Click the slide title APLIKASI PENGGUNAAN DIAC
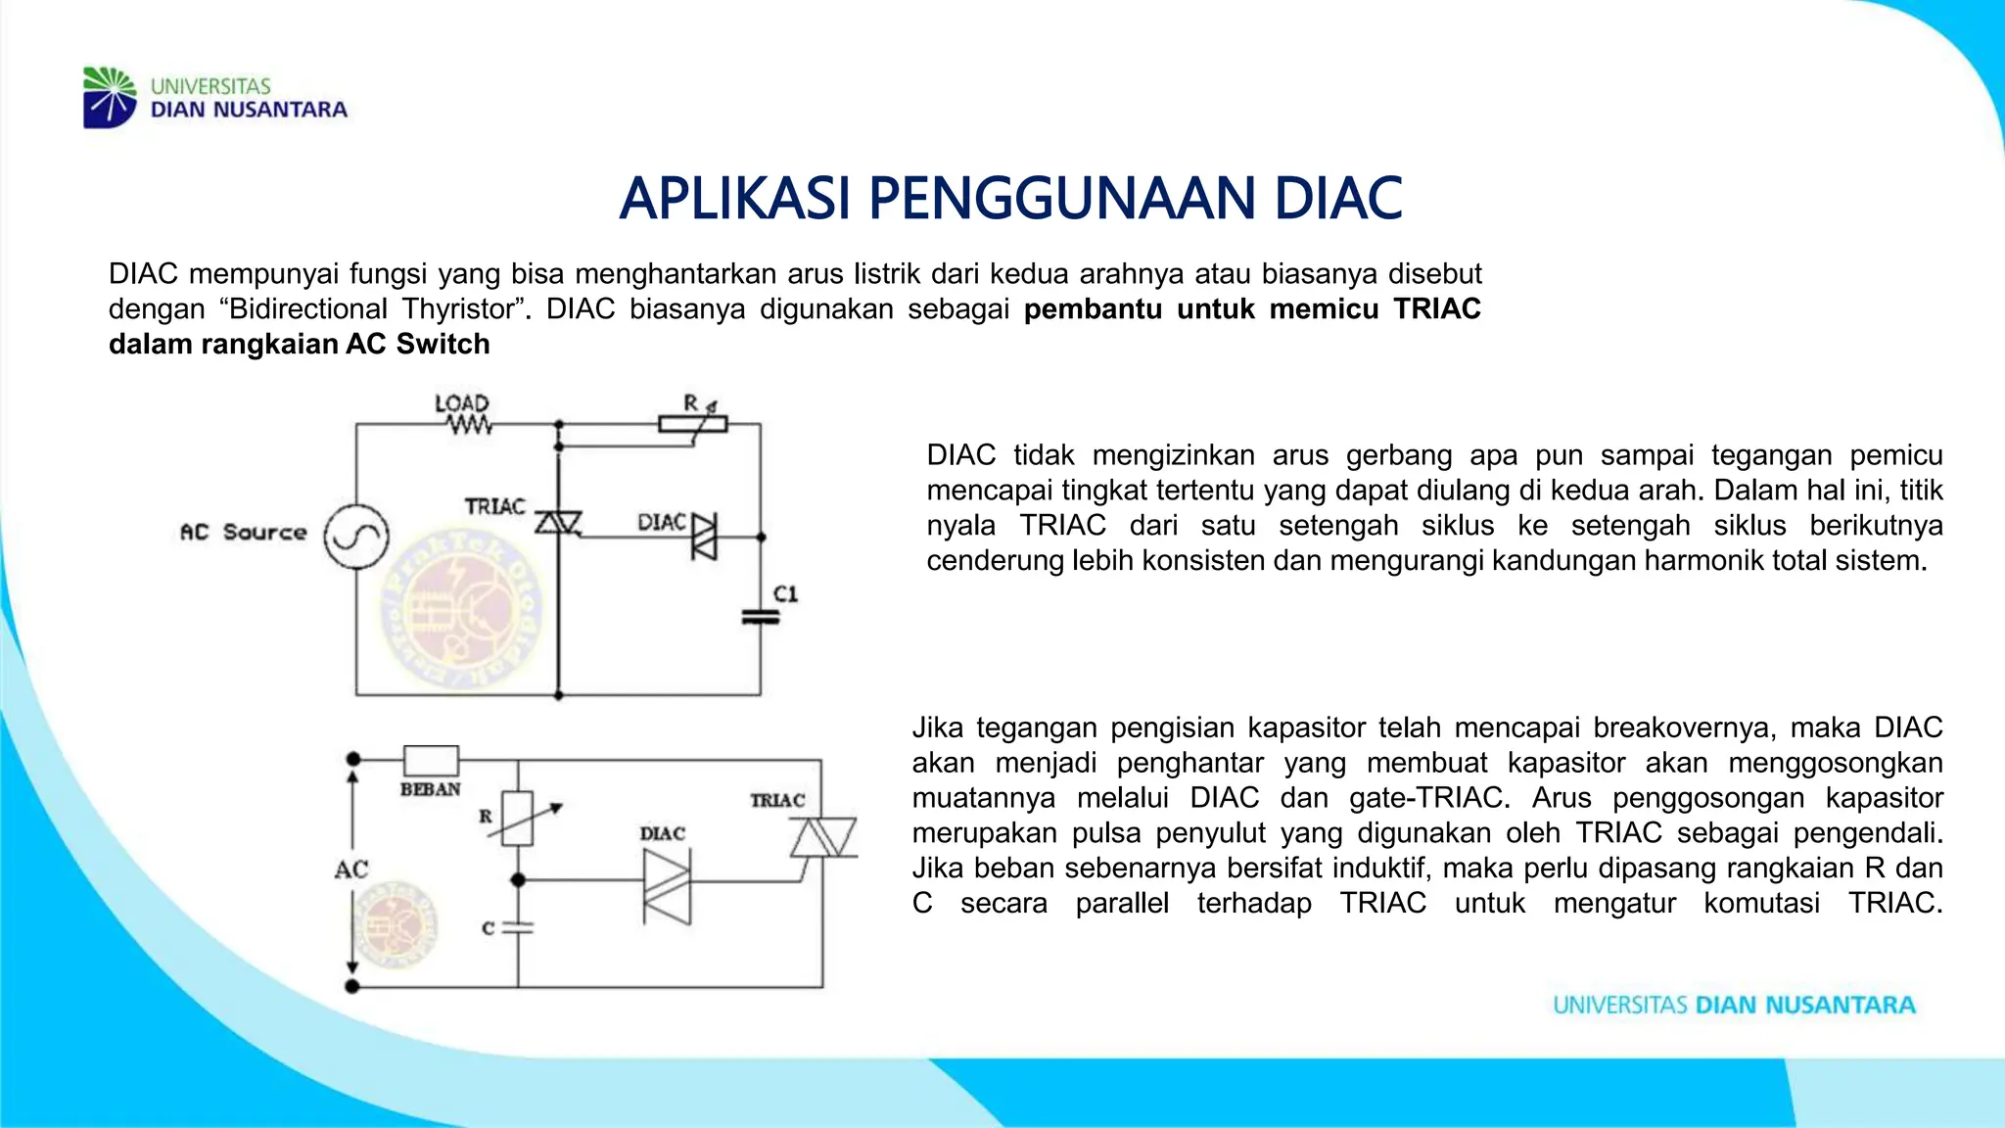point(1010,198)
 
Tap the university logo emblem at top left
point(109,97)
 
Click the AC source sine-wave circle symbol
point(356,537)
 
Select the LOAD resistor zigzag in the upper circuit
point(469,425)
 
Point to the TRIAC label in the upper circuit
point(494,506)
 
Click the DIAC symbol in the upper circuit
point(704,537)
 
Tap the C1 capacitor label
point(786,593)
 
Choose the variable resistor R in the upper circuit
point(693,424)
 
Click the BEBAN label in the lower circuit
point(430,789)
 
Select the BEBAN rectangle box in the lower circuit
point(431,760)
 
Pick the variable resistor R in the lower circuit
point(518,818)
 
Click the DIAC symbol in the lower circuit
point(667,886)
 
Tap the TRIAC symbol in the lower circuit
point(822,838)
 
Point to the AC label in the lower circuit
point(351,869)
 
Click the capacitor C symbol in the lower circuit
point(518,926)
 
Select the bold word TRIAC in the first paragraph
point(1436,309)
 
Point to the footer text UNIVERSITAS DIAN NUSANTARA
point(1734,1006)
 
